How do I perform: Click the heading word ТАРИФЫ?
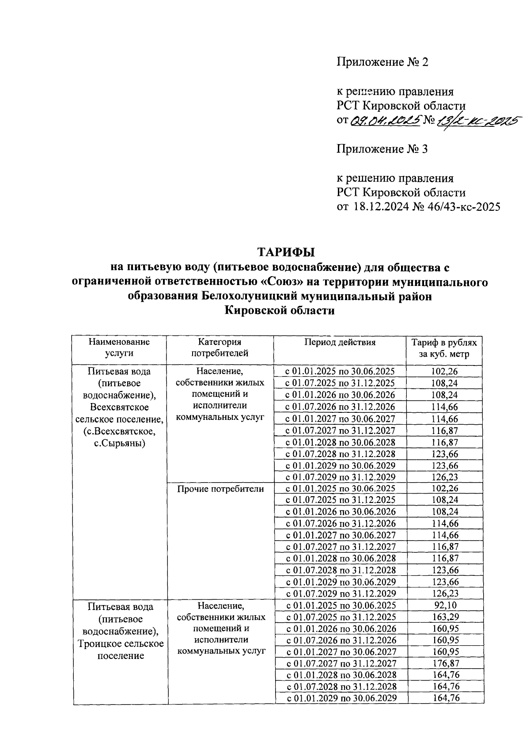(286, 252)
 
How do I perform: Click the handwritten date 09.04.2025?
(385, 121)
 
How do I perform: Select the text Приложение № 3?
(382, 149)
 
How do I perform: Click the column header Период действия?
(340, 342)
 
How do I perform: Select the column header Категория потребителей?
(220, 347)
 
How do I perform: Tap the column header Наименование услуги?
(119, 347)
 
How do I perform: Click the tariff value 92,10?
(445, 605)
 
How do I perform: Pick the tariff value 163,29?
(445, 617)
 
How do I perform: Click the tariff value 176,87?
(445, 663)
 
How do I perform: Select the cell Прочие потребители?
(220, 489)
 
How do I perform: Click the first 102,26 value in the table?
(445, 371)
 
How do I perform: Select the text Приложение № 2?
(382, 62)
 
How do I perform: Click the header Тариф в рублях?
(444, 343)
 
